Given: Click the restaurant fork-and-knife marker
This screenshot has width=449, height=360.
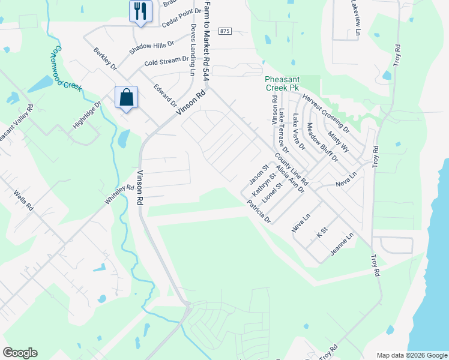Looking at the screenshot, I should click(140, 11).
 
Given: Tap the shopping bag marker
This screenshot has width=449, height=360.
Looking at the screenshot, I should click(127, 97).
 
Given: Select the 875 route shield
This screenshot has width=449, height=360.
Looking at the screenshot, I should click(225, 31).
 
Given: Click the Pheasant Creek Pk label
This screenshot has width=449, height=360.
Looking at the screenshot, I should click(282, 83).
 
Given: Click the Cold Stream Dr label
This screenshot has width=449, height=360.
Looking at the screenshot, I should click(166, 61).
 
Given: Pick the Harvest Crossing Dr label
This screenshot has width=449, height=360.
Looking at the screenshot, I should click(326, 113).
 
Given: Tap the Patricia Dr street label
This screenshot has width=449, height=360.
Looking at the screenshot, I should click(259, 212).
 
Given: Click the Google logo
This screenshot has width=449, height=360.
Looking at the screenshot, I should click(20, 353).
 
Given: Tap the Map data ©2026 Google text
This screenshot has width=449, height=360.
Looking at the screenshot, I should click(411, 355).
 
